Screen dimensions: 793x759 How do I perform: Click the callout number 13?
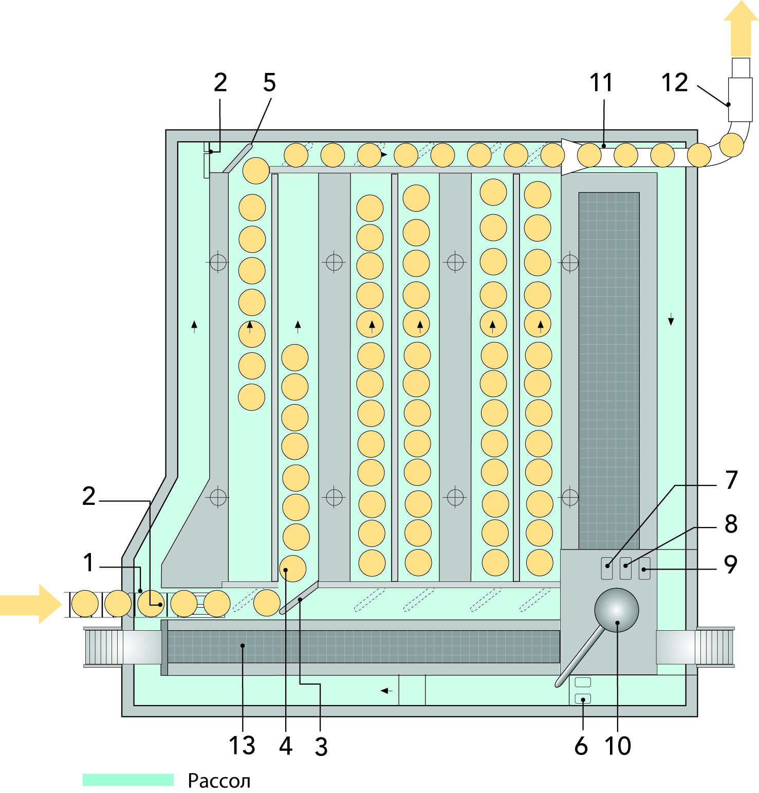(242, 745)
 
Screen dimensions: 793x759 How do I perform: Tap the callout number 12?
(674, 83)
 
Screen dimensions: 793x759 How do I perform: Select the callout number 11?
(601, 83)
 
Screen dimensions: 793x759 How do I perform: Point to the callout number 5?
(270, 83)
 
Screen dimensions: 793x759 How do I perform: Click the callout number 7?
(731, 480)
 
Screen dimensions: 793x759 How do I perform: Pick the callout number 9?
(731, 564)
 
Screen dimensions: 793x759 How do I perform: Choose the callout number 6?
(581, 746)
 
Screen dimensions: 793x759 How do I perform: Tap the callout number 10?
(618, 746)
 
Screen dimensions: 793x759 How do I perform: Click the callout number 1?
(88, 562)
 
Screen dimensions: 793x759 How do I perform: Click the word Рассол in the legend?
(219, 781)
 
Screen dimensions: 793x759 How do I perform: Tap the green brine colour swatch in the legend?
(128, 780)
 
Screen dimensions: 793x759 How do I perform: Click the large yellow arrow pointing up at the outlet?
(741, 30)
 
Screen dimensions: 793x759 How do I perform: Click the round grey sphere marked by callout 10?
(617, 610)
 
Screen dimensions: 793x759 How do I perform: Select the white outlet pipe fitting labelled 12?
(740, 99)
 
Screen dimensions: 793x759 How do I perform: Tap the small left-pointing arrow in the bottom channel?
(386, 691)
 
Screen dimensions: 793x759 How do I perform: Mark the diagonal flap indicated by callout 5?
(238, 158)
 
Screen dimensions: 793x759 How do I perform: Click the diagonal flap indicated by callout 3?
(299, 598)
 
